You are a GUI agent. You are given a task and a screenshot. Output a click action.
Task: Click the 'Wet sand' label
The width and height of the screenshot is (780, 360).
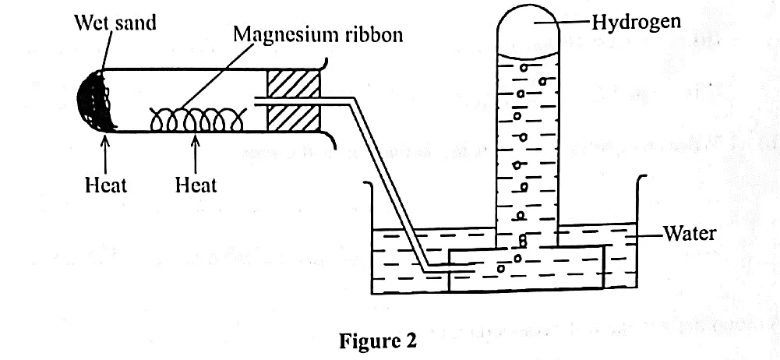click(115, 22)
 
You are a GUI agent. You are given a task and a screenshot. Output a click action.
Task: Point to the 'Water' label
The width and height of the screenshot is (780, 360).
click(690, 233)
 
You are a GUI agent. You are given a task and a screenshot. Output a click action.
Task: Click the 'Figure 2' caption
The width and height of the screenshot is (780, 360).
click(377, 341)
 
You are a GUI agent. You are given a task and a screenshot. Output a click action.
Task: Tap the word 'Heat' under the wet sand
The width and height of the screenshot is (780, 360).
click(105, 185)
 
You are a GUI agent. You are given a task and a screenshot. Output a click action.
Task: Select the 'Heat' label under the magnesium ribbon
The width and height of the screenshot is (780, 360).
click(196, 185)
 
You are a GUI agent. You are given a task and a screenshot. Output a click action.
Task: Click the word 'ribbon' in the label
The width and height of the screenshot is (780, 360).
click(370, 35)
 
